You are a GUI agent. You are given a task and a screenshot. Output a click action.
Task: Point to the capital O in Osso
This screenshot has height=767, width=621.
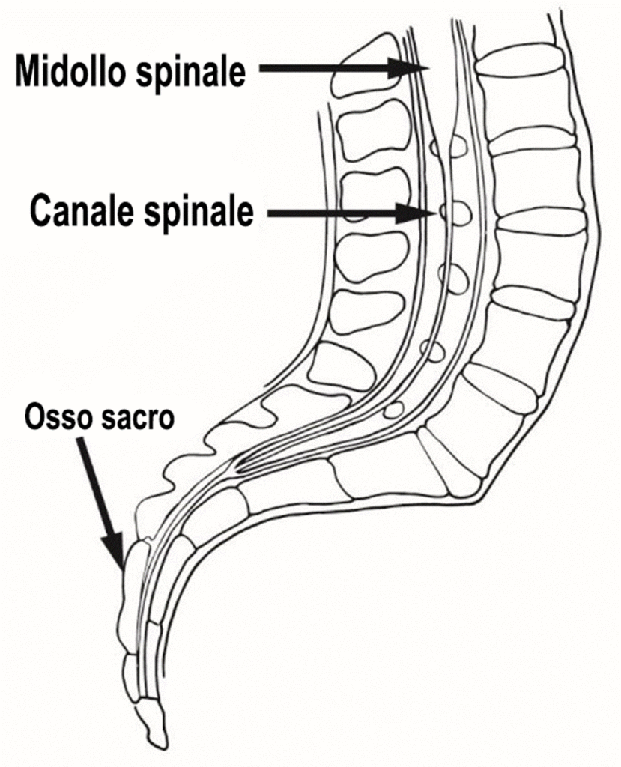click(34, 416)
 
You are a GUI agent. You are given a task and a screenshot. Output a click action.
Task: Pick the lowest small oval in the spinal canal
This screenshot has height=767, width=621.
click(394, 409)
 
